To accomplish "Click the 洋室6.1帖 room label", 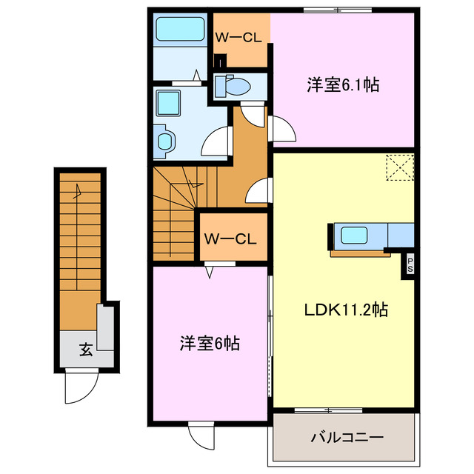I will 343,85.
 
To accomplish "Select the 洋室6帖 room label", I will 209,344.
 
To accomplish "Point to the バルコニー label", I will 341,438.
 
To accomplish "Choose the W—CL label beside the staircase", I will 230,238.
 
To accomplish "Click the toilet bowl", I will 235,87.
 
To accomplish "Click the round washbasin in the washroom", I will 164,140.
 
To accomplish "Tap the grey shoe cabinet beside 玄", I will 105,328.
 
